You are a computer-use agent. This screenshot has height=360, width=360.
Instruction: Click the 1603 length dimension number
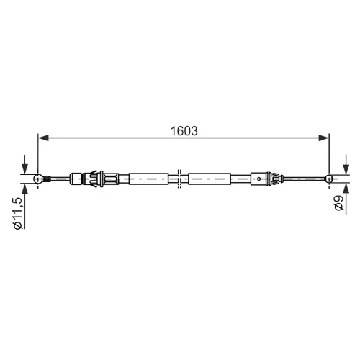click(x=184, y=131)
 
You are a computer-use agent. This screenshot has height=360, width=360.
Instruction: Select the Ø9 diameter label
click(x=338, y=203)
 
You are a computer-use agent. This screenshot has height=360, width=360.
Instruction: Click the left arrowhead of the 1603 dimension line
click(x=43, y=138)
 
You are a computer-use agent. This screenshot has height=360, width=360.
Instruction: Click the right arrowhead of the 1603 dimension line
click(x=324, y=138)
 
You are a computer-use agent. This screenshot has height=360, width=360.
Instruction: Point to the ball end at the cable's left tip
click(x=38, y=179)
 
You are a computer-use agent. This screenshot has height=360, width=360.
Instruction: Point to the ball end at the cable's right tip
click(x=329, y=179)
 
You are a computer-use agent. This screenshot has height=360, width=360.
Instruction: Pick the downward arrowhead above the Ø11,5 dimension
click(x=24, y=169)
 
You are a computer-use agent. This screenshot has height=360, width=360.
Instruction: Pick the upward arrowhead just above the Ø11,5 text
click(x=24, y=189)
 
